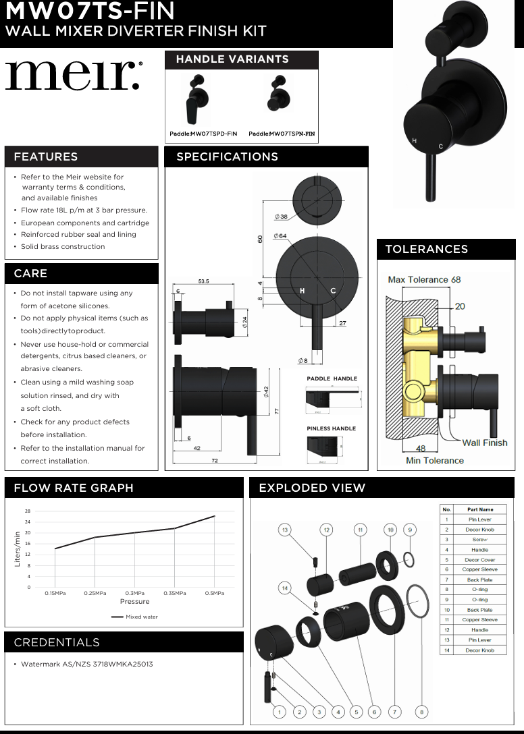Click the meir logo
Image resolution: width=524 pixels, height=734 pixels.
click(74, 76)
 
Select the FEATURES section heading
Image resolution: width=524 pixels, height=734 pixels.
click(45, 157)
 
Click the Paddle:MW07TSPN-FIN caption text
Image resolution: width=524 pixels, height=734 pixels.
click(282, 134)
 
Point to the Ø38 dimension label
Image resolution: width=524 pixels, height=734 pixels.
click(281, 217)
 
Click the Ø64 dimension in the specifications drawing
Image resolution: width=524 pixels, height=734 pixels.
click(280, 235)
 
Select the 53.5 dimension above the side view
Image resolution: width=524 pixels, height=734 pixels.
click(203, 281)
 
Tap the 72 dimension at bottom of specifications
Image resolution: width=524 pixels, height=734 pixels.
click(214, 460)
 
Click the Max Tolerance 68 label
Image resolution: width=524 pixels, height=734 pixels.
click(424, 279)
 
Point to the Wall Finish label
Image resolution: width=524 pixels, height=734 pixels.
click(484, 443)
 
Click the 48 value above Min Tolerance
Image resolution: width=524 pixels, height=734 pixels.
click(421, 448)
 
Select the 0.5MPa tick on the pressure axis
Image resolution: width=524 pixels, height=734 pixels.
click(215, 593)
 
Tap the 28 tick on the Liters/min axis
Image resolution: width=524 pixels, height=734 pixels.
click(27, 511)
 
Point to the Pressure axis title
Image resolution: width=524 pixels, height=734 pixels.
click(134, 602)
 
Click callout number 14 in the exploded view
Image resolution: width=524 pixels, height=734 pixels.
click(285, 588)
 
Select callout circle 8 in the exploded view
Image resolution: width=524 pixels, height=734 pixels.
click(421, 711)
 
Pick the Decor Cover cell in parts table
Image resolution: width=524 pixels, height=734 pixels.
click(480, 560)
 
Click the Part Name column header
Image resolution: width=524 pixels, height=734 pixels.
click(480, 509)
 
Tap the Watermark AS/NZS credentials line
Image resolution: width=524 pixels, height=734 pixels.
click(87, 665)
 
